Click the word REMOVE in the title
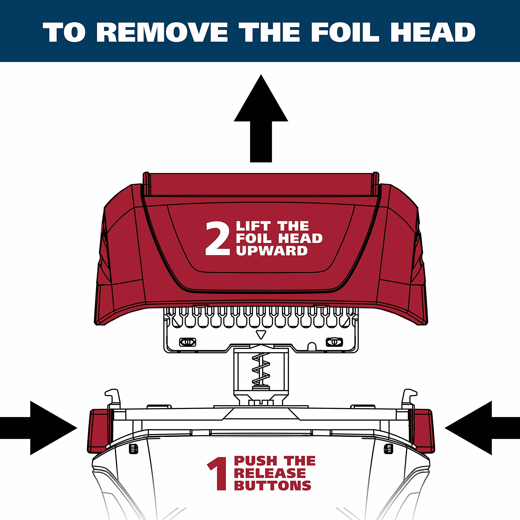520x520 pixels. (162, 32)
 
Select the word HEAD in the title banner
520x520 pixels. (433, 32)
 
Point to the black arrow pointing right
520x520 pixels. (39, 428)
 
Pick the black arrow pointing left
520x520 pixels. (482, 428)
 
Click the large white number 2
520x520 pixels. (218, 238)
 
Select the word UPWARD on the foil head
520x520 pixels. (272, 251)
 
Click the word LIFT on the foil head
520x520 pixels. (253, 226)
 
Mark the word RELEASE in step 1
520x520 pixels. (270, 473)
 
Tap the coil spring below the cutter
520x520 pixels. (261, 369)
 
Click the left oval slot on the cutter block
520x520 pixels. (188, 342)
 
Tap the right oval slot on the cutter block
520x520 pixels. (334, 342)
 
